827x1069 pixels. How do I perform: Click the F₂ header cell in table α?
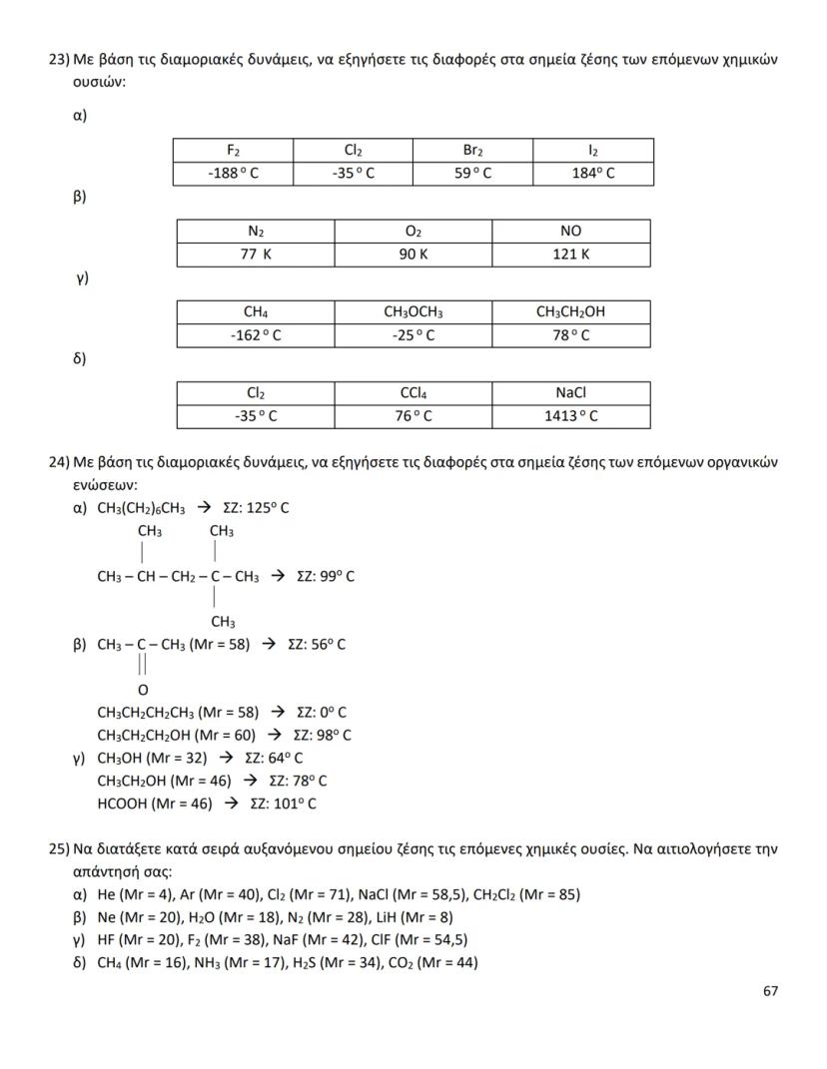(x=233, y=151)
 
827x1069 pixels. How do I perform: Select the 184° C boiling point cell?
(x=593, y=174)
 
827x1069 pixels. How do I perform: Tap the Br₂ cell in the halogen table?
(x=472, y=151)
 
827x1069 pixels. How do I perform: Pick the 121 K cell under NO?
(x=570, y=255)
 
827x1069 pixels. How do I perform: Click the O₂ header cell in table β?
(x=413, y=232)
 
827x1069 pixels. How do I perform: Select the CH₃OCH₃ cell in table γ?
(x=413, y=312)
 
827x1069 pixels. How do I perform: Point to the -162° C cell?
(x=256, y=335)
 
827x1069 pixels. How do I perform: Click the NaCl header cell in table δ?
(x=570, y=393)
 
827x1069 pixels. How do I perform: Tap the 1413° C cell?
(x=570, y=416)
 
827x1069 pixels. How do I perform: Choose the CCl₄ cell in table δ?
(x=413, y=393)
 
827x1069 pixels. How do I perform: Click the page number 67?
(x=770, y=991)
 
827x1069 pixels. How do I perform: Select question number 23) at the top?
(x=59, y=60)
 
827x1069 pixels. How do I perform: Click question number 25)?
(x=59, y=849)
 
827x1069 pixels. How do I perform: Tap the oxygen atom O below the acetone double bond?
(x=142, y=690)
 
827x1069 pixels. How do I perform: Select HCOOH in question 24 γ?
(x=123, y=802)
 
